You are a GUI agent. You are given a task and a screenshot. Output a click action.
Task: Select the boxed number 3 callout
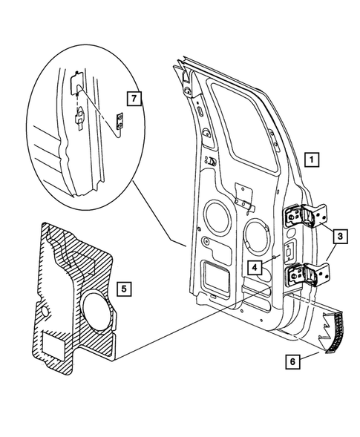click(x=339, y=237)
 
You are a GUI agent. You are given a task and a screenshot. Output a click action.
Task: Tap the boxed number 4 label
click(x=255, y=266)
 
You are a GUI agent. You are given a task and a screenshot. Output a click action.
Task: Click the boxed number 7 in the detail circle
click(x=133, y=98)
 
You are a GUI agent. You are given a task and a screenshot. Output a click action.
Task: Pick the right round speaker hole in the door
click(x=254, y=231)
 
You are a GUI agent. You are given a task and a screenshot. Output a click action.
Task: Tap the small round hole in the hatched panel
click(x=40, y=312)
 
